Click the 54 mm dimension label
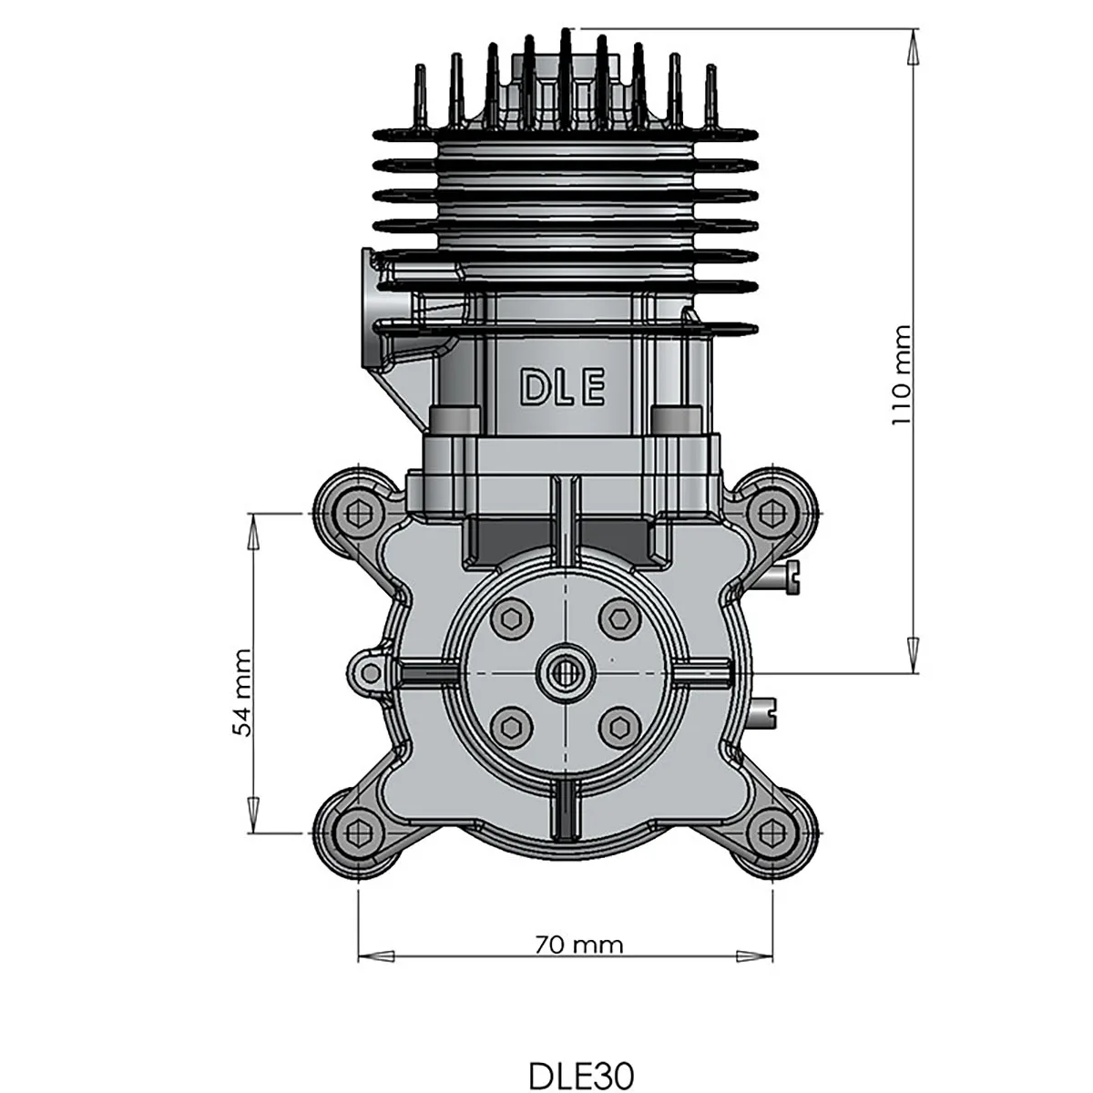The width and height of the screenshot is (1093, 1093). (x=242, y=692)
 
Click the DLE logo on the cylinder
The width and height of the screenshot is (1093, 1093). (x=562, y=388)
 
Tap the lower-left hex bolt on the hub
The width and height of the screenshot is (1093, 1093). (x=510, y=726)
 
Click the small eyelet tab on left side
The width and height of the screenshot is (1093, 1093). (x=370, y=672)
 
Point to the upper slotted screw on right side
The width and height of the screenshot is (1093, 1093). (x=788, y=575)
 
